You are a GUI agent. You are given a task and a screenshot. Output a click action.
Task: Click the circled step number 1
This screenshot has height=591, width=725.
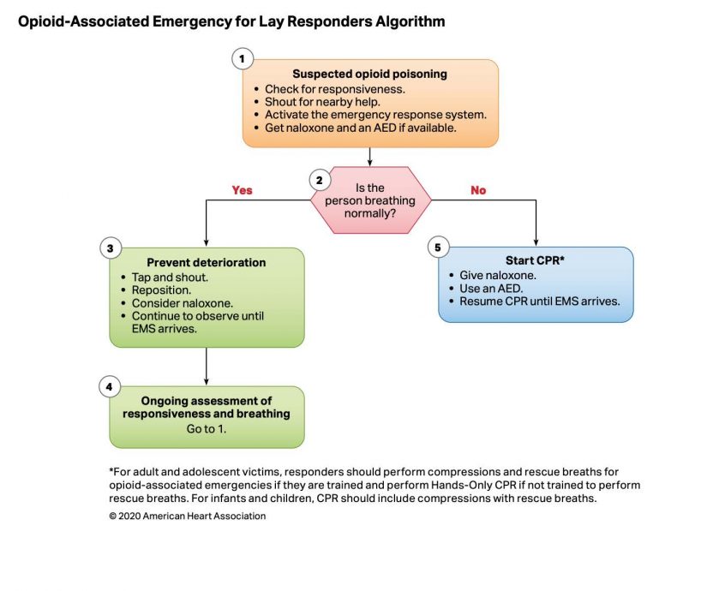click(242, 59)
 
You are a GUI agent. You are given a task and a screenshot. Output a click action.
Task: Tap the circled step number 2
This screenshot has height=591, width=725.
click(320, 180)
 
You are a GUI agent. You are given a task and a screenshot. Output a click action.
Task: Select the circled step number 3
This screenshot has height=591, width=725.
click(110, 248)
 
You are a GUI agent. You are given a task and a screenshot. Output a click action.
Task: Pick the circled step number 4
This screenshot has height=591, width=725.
click(110, 387)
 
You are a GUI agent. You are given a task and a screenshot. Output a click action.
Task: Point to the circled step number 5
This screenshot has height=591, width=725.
click(438, 248)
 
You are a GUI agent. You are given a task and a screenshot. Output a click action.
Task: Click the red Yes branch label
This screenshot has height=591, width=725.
click(242, 190)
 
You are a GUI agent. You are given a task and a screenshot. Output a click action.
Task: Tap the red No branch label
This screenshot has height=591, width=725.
click(478, 190)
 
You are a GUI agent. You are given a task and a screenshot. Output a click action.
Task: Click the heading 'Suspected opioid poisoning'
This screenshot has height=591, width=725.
click(370, 74)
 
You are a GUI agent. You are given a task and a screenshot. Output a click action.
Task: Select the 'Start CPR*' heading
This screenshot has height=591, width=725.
click(535, 260)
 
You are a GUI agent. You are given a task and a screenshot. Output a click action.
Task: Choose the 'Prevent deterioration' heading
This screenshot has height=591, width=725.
click(207, 262)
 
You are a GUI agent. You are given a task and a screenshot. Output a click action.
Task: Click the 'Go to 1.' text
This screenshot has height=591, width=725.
click(207, 429)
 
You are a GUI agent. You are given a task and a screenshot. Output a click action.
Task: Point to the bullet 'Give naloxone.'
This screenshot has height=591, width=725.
click(498, 276)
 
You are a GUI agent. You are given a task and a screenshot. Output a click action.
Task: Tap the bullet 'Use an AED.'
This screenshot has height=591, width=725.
click(491, 289)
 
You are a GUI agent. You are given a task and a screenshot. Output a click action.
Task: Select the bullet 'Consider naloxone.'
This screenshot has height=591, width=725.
click(183, 303)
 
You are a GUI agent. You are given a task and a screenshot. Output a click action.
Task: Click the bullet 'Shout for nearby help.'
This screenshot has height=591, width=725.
click(322, 102)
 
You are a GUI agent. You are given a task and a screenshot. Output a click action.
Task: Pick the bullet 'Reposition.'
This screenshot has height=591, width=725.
click(161, 290)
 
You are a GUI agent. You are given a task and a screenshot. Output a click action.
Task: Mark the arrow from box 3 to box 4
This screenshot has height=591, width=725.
click(207, 367)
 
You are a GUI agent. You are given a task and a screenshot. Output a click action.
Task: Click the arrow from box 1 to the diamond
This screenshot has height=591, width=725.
click(369, 157)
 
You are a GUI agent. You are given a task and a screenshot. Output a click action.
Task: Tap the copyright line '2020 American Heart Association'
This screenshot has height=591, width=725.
click(188, 516)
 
